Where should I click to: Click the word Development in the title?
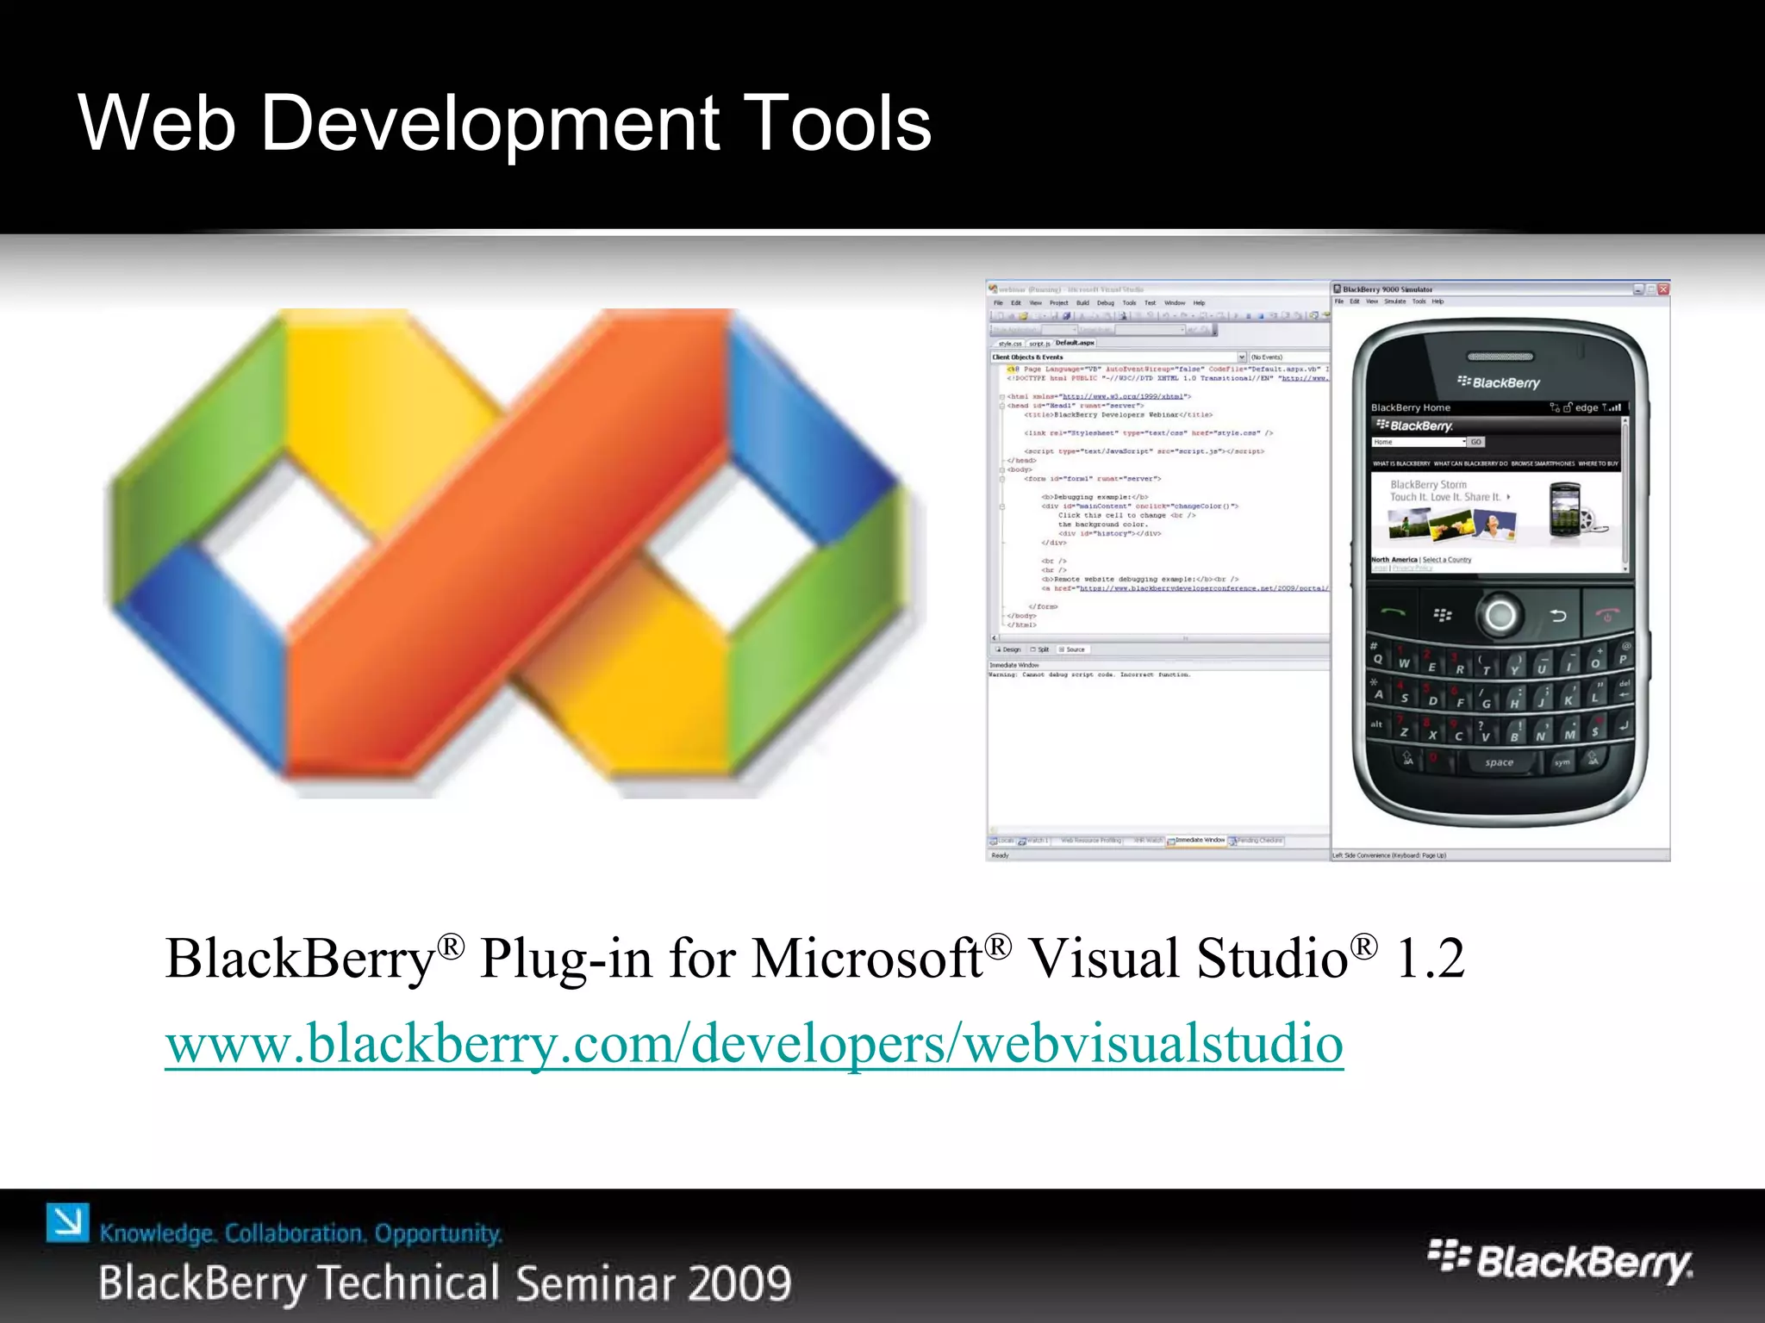490,123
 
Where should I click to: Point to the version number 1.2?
1430,958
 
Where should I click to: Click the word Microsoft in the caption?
867,958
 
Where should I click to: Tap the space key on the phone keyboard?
1499,762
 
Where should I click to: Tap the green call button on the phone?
1394,613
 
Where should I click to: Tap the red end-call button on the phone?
1607,615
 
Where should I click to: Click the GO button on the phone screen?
1476,442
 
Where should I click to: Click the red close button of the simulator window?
1663,289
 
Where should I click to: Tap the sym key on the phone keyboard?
1562,762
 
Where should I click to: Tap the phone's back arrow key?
1558,615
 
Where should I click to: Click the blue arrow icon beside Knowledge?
67,1223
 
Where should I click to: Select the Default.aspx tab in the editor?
1075,343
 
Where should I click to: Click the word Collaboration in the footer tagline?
295,1233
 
